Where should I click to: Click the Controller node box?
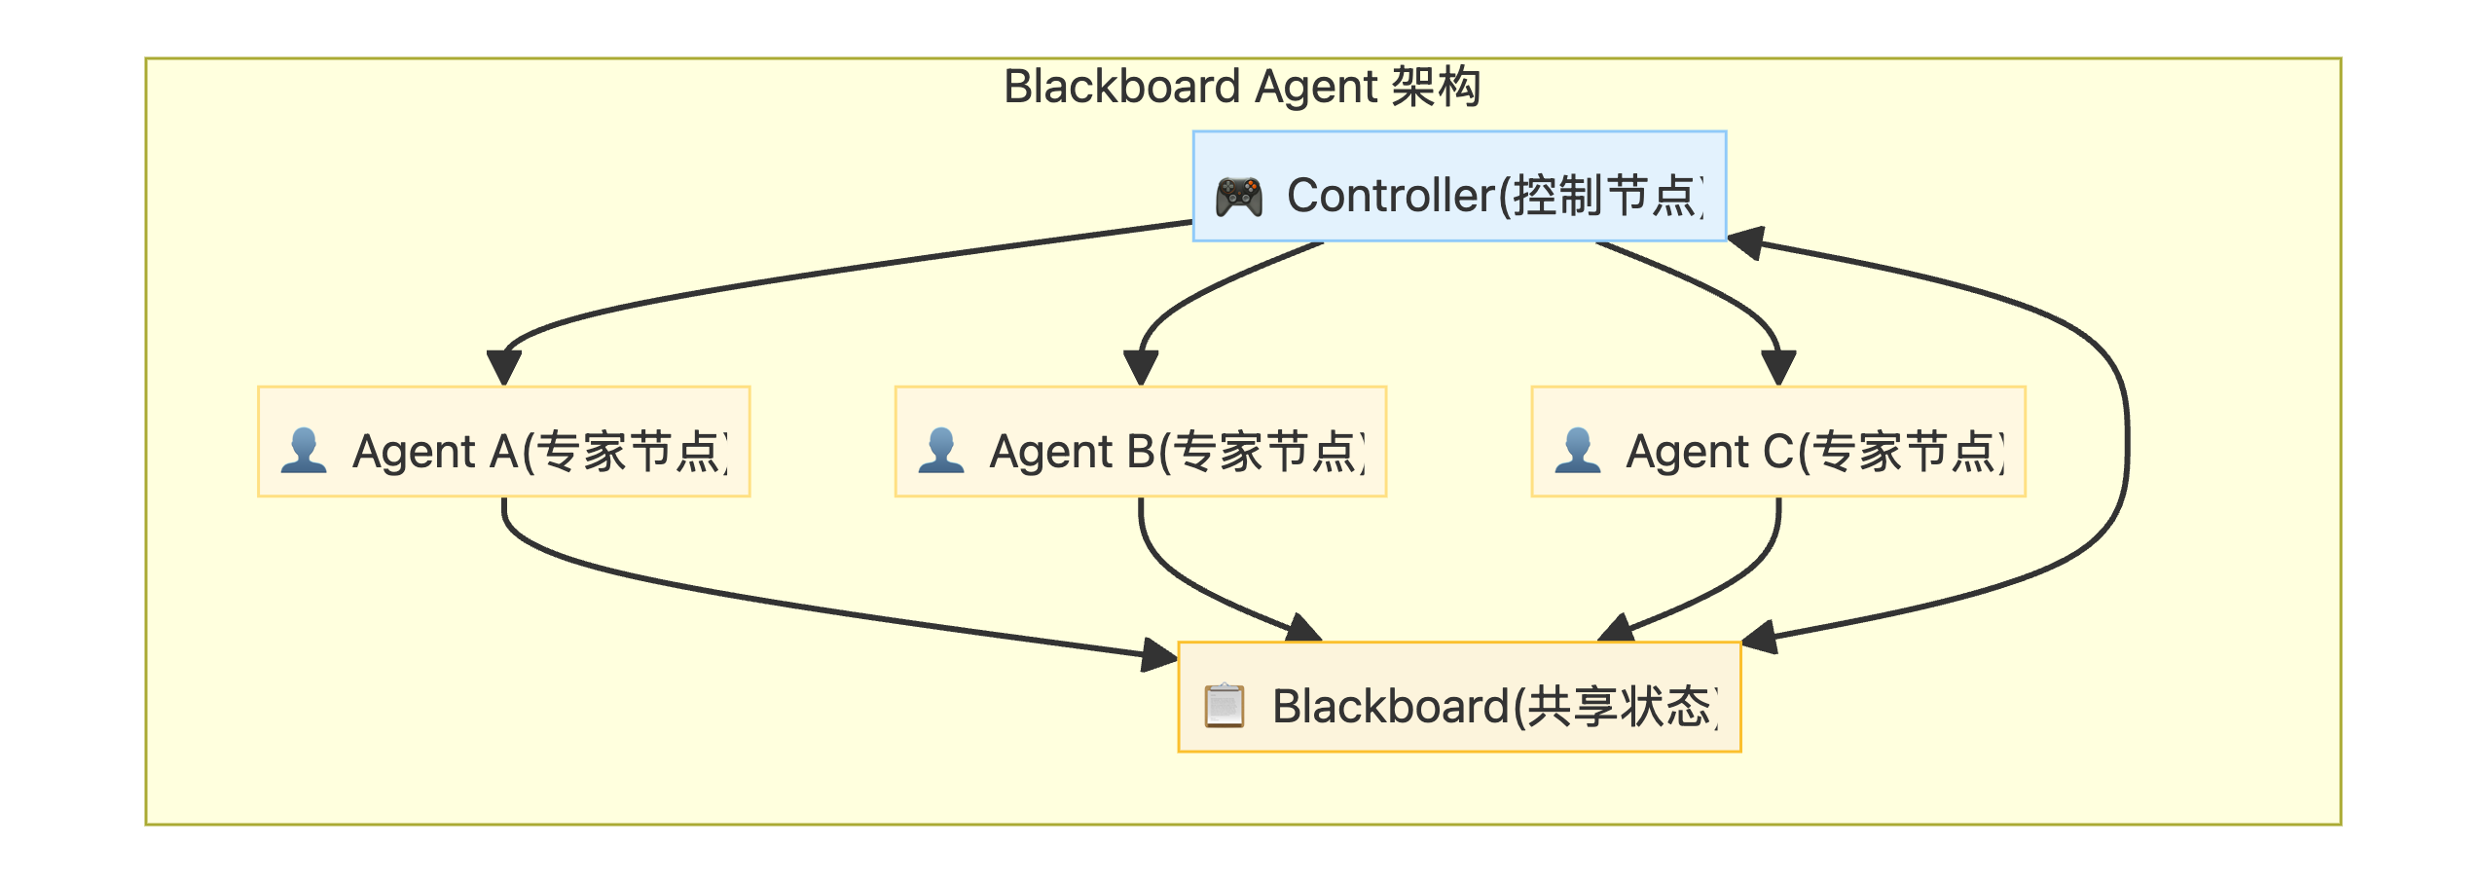[1458, 185]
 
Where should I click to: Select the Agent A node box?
[503, 441]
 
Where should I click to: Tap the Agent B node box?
[1140, 441]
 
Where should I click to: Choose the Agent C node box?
[1777, 441]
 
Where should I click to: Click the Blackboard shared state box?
[1458, 697]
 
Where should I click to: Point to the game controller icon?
[1238, 197]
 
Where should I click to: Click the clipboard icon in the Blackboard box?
[1224, 706]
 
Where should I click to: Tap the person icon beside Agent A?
[304, 451]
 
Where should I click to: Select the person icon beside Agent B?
[940, 451]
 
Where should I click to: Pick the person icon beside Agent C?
[1577, 451]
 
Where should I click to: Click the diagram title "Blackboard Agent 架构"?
[1242, 87]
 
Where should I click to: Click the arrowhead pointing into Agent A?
[503, 368]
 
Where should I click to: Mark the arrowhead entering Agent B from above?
[1140, 368]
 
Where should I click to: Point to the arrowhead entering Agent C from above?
[1778, 368]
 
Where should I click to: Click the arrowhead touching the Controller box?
[1746, 242]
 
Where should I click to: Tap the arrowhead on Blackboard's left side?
[1159, 655]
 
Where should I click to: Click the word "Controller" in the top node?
[1390, 196]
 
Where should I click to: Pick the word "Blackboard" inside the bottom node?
[1389, 707]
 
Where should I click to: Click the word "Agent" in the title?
[1314, 87]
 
